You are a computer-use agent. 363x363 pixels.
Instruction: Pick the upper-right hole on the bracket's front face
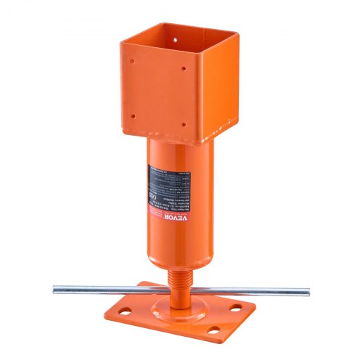tap(184, 70)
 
